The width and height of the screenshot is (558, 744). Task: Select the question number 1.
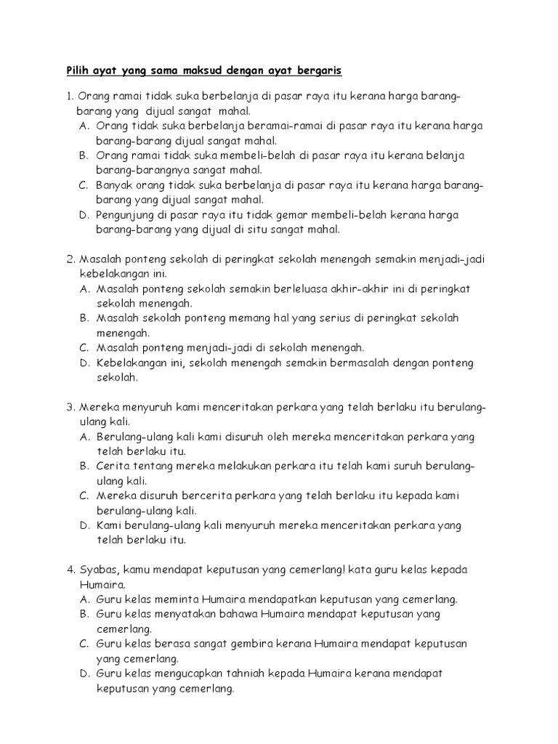[x=68, y=97]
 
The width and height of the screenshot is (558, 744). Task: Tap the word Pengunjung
[x=128, y=215]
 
